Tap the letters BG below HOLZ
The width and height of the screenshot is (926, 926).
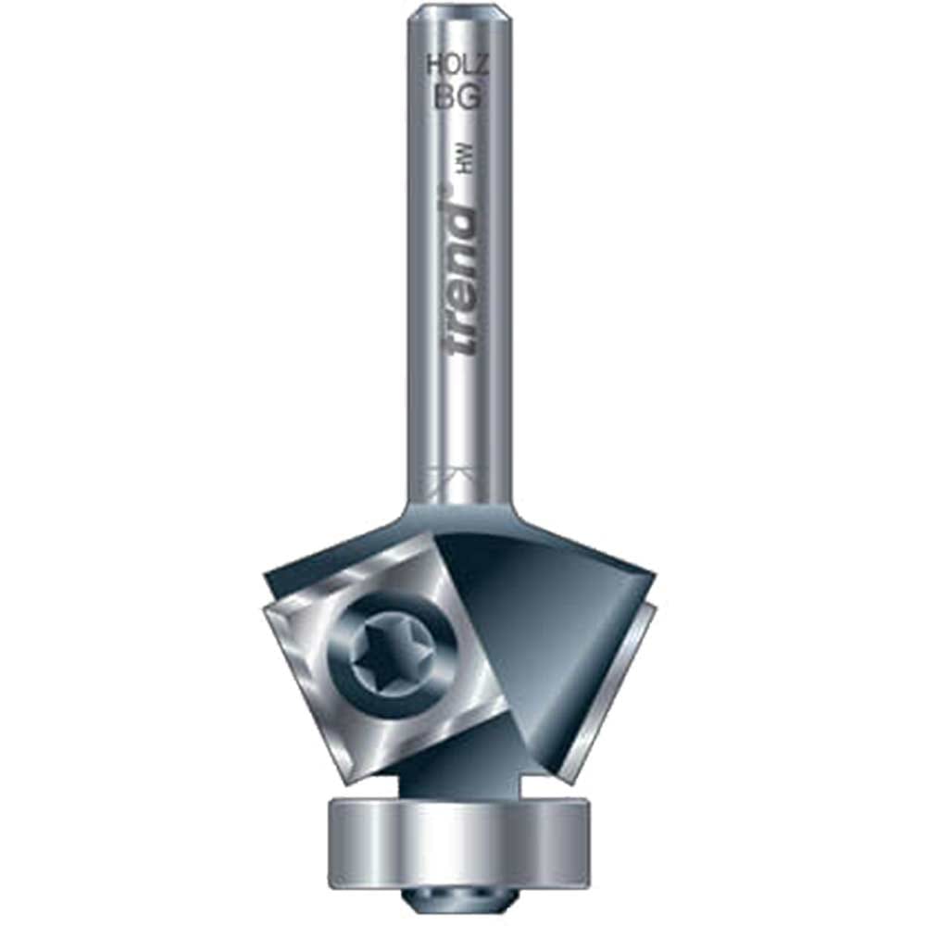click(x=457, y=96)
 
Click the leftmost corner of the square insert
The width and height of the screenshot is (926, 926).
click(x=263, y=612)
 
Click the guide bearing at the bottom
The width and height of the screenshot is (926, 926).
click(x=459, y=844)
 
